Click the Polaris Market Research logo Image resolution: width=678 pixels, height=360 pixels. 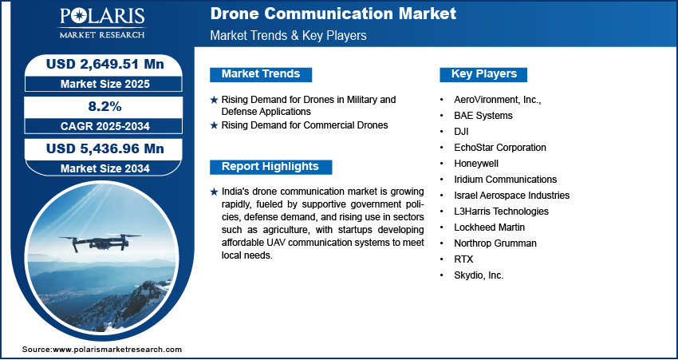click(x=102, y=23)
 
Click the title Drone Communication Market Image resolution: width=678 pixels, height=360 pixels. click(x=333, y=14)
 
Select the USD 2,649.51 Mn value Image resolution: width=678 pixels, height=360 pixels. click(x=105, y=65)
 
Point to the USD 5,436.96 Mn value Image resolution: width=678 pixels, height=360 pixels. click(x=105, y=148)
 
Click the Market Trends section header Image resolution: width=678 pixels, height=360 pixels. click(x=261, y=74)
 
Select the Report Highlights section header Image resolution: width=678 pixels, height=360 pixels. click(x=270, y=167)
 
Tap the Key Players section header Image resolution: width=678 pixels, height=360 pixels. click(x=484, y=74)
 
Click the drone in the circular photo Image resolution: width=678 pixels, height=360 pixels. click(x=100, y=242)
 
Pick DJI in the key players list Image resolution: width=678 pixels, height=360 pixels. click(x=461, y=132)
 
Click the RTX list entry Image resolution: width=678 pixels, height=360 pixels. click(x=463, y=259)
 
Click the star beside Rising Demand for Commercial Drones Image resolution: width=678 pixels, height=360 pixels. click(x=214, y=125)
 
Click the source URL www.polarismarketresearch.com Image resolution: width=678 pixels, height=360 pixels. click(x=117, y=350)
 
